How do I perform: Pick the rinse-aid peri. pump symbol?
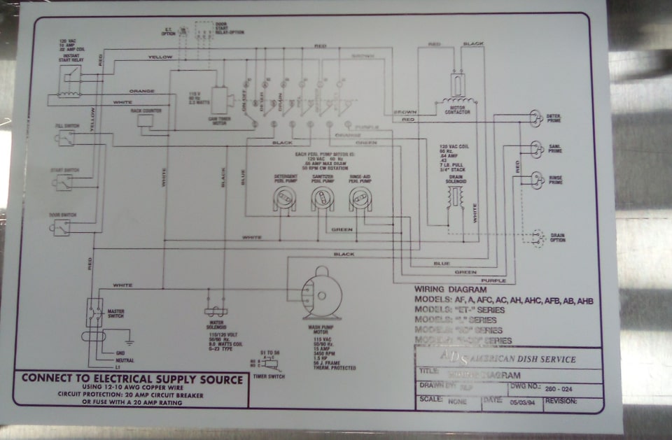click(x=360, y=200)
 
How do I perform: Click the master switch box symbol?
click(x=94, y=312)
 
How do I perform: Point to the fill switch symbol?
click(x=66, y=137)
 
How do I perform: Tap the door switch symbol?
click(x=62, y=227)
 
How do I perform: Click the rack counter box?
click(x=146, y=120)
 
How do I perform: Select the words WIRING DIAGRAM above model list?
click(x=450, y=289)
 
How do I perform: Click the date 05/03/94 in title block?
click(x=521, y=402)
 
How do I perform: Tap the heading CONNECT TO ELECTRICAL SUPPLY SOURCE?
click(x=132, y=378)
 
